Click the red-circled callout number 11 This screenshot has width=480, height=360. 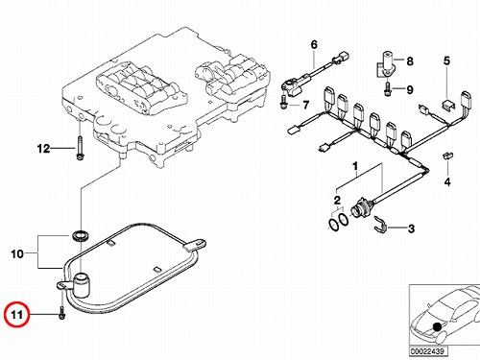click(x=16, y=315)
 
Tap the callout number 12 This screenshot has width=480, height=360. click(x=43, y=149)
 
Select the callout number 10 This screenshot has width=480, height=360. click(x=17, y=254)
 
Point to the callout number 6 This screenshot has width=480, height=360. click(x=314, y=44)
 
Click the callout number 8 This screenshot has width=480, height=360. click(x=410, y=60)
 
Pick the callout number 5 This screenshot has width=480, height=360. click(x=446, y=60)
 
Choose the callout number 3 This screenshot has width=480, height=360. click(x=411, y=228)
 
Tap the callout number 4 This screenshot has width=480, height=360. click(x=447, y=181)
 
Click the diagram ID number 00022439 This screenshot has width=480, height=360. click(x=428, y=351)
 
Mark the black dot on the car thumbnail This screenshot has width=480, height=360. click(x=437, y=326)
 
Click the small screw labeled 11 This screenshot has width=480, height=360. click(x=62, y=313)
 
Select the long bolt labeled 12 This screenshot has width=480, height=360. click(x=80, y=148)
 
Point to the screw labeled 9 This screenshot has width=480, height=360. click(x=388, y=88)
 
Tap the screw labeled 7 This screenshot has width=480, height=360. click(x=283, y=102)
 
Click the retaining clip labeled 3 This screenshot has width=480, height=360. click(x=380, y=224)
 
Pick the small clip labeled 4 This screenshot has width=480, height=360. click(x=447, y=156)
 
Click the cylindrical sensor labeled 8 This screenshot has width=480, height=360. click(x=386, y=63)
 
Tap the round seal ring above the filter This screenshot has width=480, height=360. click(x=79, y=235)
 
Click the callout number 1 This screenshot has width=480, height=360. click(x=355, y=166)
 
